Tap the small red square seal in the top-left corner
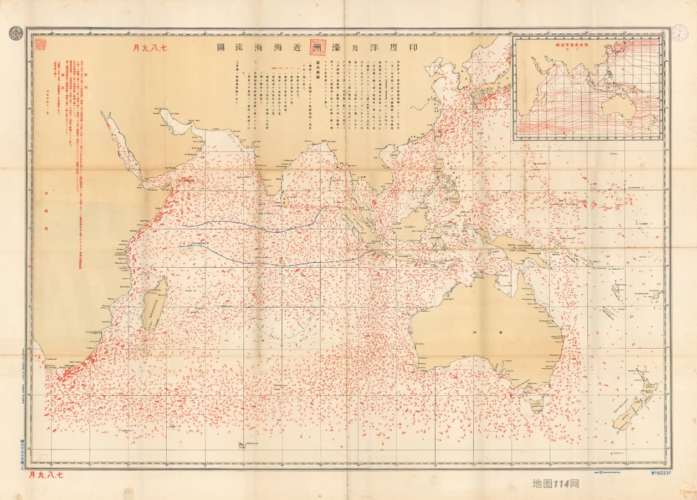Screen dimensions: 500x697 [x=40, y=44]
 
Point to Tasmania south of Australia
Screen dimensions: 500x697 [x=537, y=404]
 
